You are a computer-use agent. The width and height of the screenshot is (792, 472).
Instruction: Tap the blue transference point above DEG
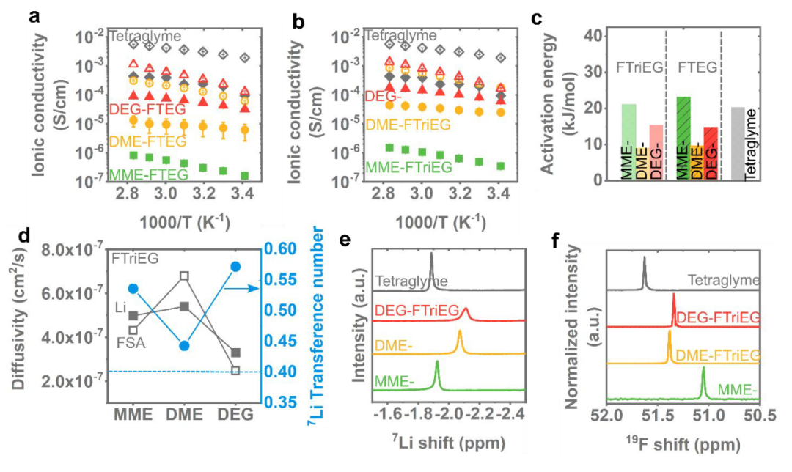(x=236, y=267)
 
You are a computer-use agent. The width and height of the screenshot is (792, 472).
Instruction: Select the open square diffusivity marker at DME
(x=185, y=276)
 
